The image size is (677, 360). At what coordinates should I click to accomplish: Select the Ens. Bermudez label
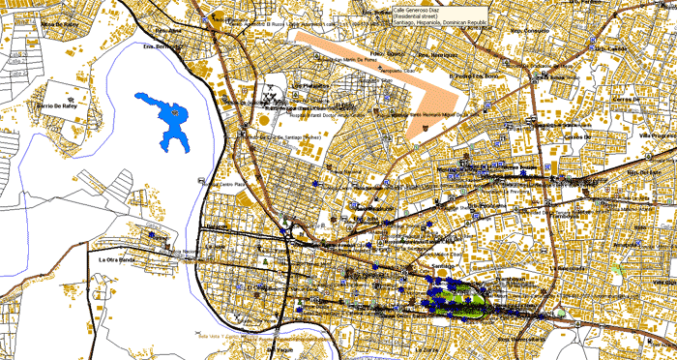(162, 45)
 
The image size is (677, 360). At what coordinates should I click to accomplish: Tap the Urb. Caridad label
(611, 48)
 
